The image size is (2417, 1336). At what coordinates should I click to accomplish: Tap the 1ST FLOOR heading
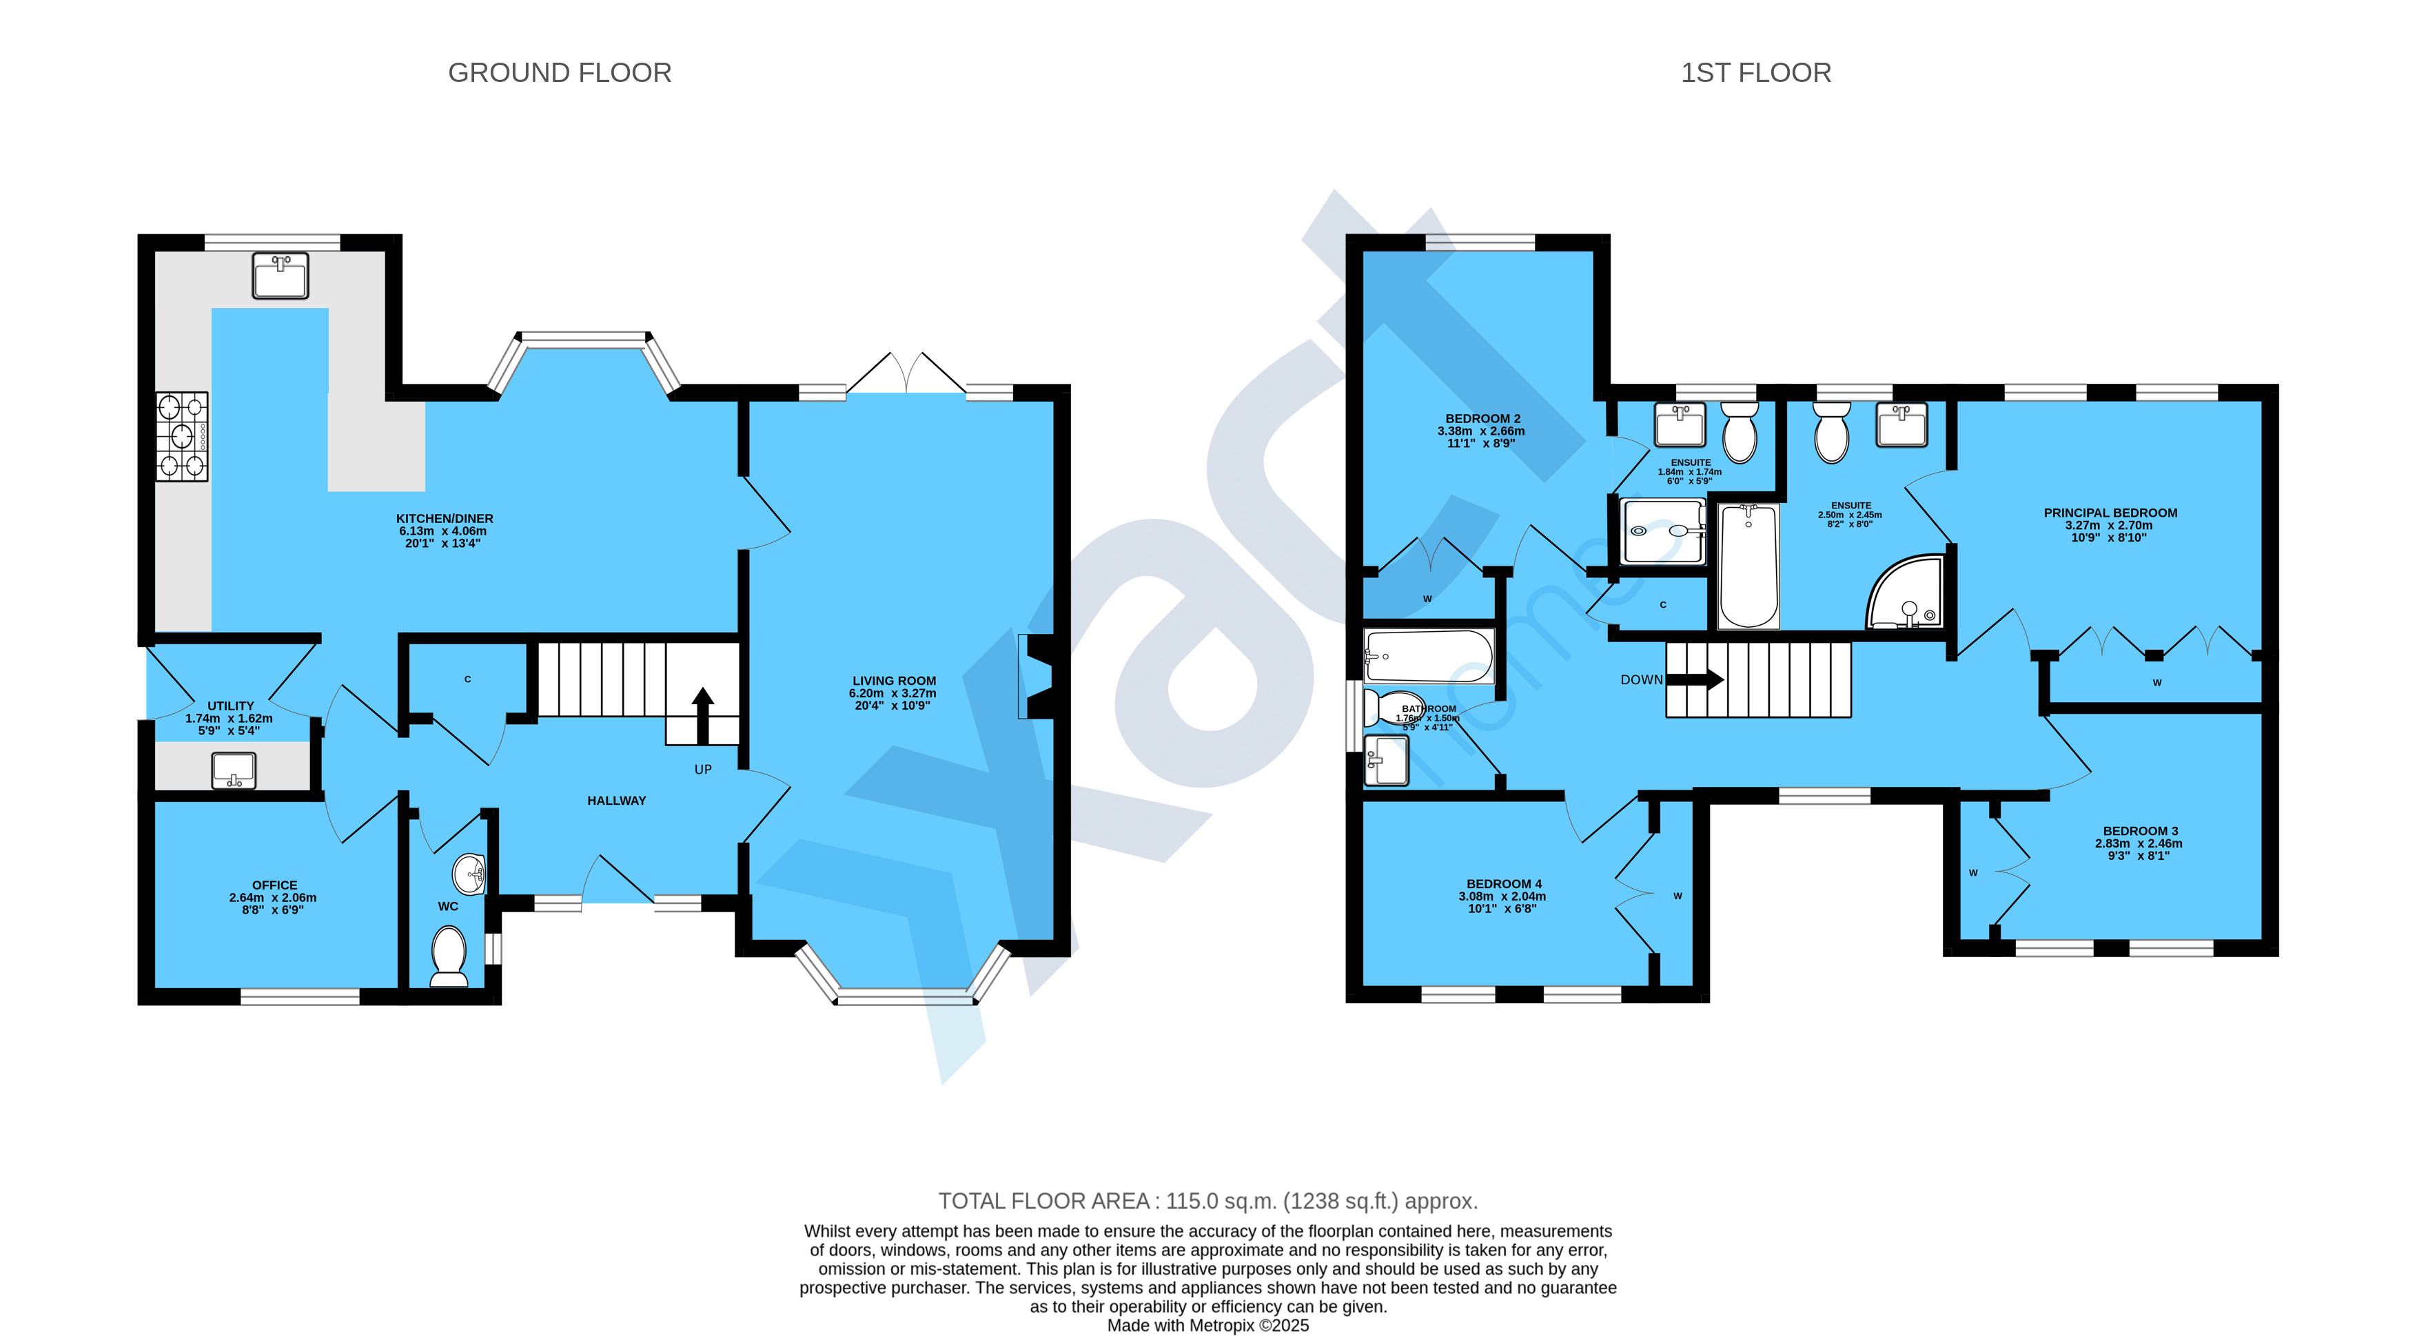pyautogui.click(x=1755, y=73)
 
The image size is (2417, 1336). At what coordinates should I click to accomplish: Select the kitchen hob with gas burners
pyautogui.click(x=182, y=436)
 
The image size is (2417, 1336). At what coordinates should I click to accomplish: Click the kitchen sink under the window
pyautogui.click(x=280, y=276)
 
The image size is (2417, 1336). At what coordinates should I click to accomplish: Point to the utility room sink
pyautogui.click(x=234, y=771)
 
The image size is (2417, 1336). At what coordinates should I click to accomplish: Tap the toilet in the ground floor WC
pyautogui.click(x=449, y=957)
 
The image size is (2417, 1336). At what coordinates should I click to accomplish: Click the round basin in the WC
pyautogui.click(x=469, y=874)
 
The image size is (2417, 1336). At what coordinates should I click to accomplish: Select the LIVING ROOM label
pyautogui.click(x=894, y=681)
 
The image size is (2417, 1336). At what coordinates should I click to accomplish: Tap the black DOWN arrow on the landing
pyautogui.click(x=1695, y=679)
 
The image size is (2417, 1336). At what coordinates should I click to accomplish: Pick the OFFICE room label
pyautogui.click(x=274, y=885)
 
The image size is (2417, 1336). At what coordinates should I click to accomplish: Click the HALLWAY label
pyautogui.click(x=616, y=800)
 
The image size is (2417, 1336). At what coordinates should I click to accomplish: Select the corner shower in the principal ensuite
pyautogui.click(x=1905, y=593)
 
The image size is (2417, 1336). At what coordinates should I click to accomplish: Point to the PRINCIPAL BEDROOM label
pyautogui.click(x=2110, y=513)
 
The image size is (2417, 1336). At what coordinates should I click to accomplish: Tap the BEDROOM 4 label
pyautogui.click(x=1504, y=884)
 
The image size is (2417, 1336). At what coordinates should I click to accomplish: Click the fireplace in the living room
pyautogui.click(x=1036, y=677)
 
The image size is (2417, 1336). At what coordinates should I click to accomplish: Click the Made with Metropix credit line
pyautogui.click(x=1207, y=1326)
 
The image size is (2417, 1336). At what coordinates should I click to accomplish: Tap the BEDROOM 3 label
pyautogui.click(x=2140, y=831)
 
